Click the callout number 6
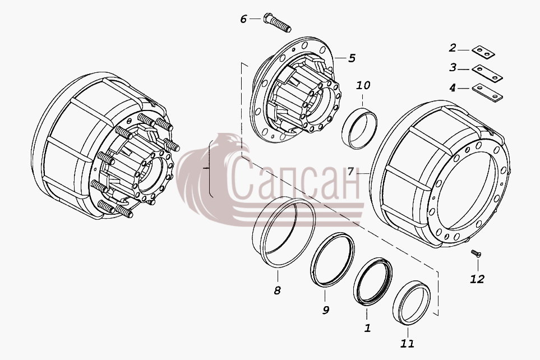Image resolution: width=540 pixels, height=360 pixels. click(243, 19)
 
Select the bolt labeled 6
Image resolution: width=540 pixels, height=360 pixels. click(277, 22)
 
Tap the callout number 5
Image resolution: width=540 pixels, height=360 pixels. click(352, 58)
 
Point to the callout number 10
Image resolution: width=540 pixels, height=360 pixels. click(363, 85)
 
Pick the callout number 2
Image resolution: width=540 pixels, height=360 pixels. click(453, 48)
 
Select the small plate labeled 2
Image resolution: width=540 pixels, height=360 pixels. click(483, 52)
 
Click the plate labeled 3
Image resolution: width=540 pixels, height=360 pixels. click(487, 73)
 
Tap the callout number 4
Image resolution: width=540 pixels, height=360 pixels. click(453, 88)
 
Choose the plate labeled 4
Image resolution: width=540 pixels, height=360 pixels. click(487, 93)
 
